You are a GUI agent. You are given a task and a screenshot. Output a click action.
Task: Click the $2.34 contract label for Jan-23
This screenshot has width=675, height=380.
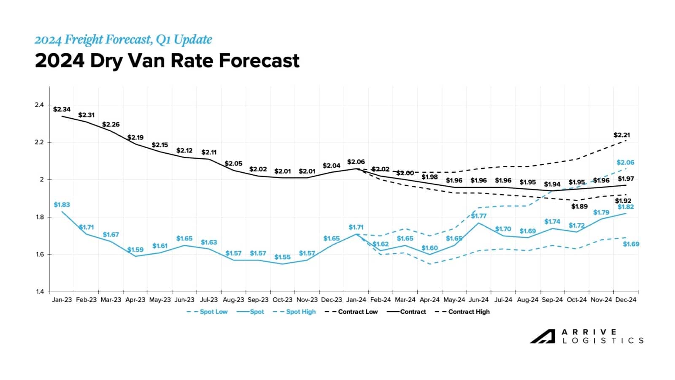[x=62, y=109]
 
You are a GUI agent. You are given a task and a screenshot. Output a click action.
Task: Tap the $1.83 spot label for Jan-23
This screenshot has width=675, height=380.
[x=62, y=205]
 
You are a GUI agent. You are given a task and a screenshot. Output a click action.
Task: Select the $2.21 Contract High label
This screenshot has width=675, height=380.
[x=621, y=135]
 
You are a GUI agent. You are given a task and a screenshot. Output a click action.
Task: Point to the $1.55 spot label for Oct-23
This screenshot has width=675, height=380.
[x=282, y=257]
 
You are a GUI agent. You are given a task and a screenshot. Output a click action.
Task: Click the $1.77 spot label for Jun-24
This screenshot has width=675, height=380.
[x=478, y=216]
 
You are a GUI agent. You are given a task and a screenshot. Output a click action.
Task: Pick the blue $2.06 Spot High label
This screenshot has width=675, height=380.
[x=625, y=163]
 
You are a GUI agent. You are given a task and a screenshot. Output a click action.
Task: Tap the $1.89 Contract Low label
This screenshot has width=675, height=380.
[x=579, y=206]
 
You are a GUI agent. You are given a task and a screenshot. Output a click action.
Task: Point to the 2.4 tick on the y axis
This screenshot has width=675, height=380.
[x=39, y=105]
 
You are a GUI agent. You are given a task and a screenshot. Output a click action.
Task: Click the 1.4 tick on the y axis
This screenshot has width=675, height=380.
[x=39, y=292]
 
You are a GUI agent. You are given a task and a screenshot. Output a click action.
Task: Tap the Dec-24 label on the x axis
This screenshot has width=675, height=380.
[x=625, y=300]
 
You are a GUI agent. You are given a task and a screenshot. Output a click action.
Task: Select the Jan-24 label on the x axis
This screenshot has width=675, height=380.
[x=356, y=300]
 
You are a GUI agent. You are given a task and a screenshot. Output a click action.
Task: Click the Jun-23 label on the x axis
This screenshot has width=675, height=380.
[x=184, y=300]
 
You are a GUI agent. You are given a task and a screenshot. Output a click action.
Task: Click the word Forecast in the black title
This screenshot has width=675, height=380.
[x=259, y=61]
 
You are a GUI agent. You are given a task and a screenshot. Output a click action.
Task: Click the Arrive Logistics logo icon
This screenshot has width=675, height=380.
[x=543, y=336]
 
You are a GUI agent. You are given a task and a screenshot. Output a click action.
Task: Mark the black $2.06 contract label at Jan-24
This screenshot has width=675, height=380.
[x=356, y=162]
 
